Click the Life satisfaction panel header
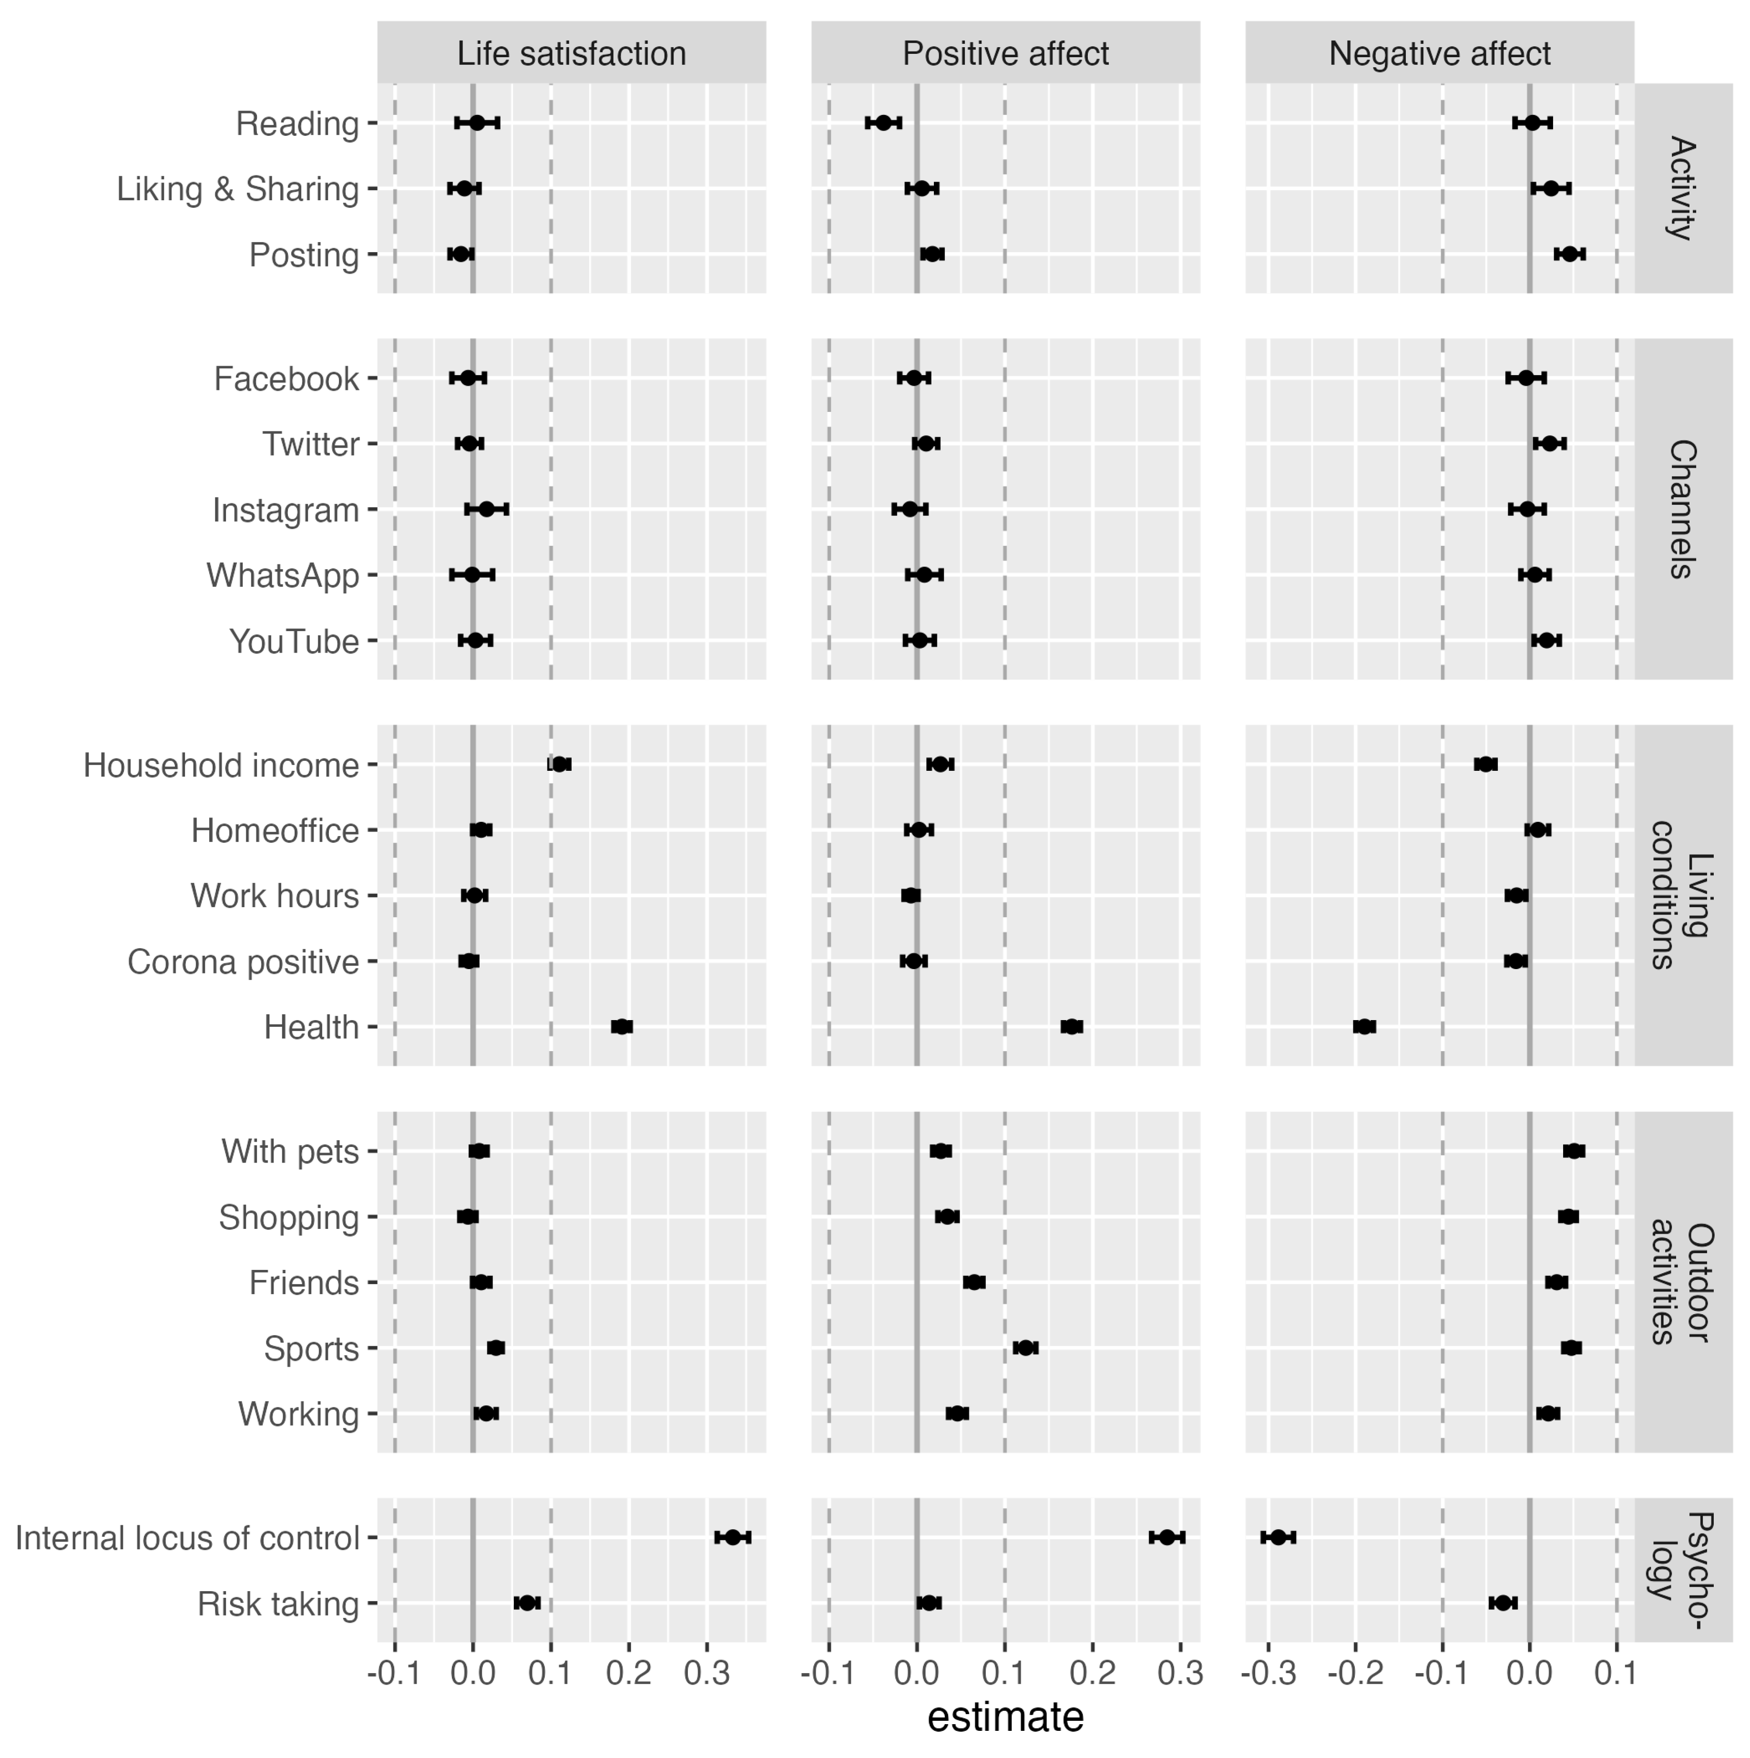click(572, 54)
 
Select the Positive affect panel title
click(1005, 54)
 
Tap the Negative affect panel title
click(1440, 54)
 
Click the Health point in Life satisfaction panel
click(622, 1026)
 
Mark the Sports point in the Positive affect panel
click(1025, 1348)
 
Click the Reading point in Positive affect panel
click(883, 122)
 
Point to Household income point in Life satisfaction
click(561, 764)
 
